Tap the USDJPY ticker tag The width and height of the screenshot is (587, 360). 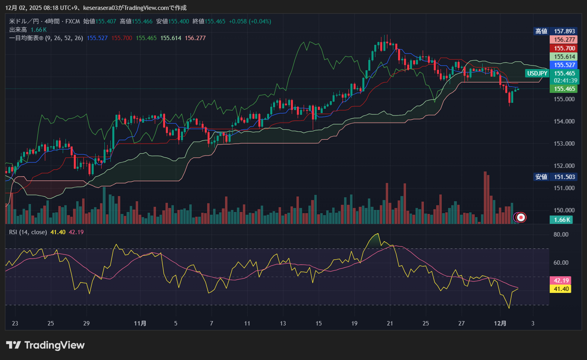[x=537, y=73]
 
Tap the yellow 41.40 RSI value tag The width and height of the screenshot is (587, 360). [x=562, y=288]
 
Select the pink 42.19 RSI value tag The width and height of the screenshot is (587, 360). [x=562, y=280]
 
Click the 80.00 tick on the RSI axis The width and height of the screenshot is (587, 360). [x=561, y=234]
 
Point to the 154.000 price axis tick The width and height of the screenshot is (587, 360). [x=564, y=122]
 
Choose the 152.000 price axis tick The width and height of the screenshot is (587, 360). [x=564, y=166]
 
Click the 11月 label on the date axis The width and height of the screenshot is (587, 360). [x=140, y=323]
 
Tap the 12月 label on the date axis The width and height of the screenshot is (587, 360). [x=500, y=323]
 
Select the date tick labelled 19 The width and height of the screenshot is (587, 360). [x=354, y=323]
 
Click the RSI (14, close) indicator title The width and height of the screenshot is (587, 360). [x=28, y=232]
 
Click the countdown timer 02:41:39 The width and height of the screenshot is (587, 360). [x=565, y=80]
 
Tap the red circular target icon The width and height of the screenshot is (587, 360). [x=521, y=217]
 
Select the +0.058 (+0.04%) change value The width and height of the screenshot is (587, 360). [x=250, y=21]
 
